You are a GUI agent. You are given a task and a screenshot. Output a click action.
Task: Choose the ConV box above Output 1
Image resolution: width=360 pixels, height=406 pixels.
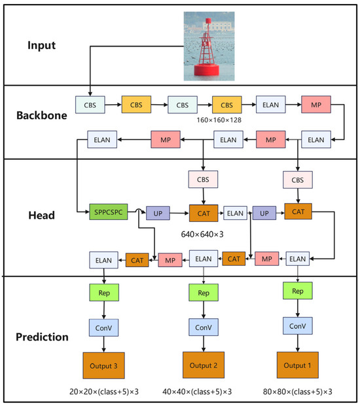pyautogui.click(x=298, y=325)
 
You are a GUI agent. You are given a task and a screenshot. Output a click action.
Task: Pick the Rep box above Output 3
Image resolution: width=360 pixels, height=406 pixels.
pyautogui.click(x=103, y=292)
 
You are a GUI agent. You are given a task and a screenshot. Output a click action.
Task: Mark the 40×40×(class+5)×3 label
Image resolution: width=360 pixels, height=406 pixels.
pyautogui.click(x=199, y=392)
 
